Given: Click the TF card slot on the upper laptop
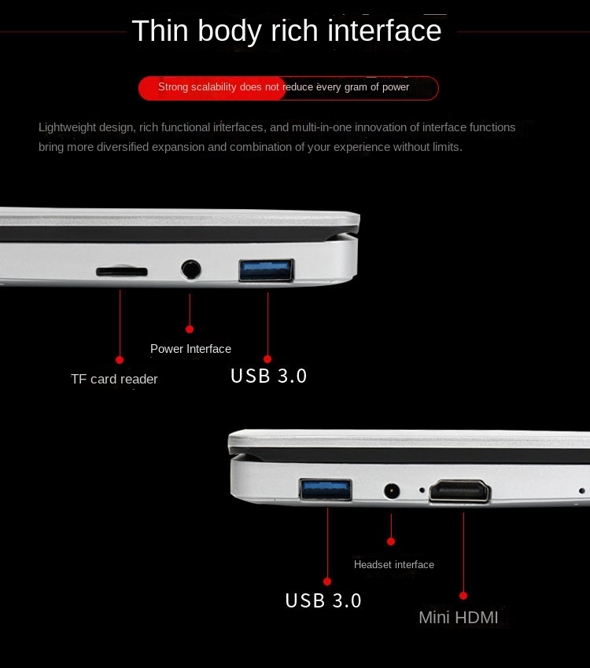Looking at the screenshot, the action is click(x=122, y=271).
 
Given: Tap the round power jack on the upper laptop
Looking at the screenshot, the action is click(x=190, y=270).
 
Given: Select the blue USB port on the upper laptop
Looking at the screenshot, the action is click(x=267, y=270).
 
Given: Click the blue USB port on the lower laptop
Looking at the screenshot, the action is click(x=326, y=489).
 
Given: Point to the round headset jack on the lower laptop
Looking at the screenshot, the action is click(x=392, y=490).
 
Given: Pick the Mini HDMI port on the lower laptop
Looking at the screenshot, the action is click(x=460, y=491).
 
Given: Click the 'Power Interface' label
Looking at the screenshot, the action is click(x=190, y=349).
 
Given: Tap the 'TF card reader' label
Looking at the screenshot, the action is click(x=114, y=379).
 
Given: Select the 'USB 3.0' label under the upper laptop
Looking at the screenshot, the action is click(x=268, y=376).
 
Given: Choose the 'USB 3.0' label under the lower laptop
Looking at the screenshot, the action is click(x=323, y=600).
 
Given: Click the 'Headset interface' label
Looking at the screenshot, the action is click(x=394, y=564).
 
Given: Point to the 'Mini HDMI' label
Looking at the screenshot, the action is click(x=459, y=617).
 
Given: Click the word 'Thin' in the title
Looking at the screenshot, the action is click(x=160, y=31).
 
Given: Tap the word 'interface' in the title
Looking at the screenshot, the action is click(x=384, y=31).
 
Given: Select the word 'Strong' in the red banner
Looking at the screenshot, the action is click(x=173, y=87).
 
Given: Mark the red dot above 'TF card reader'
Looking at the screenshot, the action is click(x=120, y=360).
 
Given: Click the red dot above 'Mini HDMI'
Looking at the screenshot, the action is click(x=463, y=596).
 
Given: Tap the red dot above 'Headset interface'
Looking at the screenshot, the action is click(x=391, y=541).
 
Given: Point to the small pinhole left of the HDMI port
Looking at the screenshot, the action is click(x=422, y=490).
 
